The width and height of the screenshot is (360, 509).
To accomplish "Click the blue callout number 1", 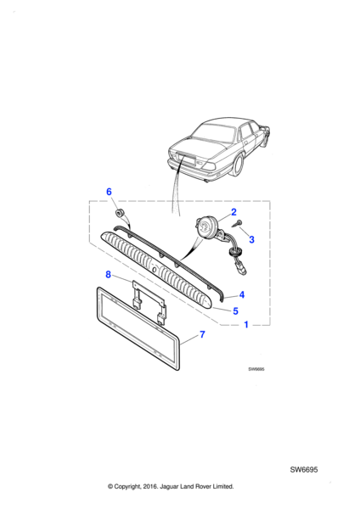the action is click(x=246, y=324).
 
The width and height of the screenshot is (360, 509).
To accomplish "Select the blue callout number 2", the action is click(x=233, y=212).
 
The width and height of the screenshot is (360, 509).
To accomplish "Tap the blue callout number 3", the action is click(x=251, y=239).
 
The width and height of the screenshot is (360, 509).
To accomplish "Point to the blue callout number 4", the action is click(x=241, y=294).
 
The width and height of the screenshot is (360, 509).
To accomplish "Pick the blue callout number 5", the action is click(x=235, y=311).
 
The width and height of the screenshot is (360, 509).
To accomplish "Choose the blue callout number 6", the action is click(x=109, y=192).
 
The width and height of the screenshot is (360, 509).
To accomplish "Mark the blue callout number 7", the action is click(x=202, y=334).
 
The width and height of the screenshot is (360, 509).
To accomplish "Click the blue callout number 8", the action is click(x=108, y=275).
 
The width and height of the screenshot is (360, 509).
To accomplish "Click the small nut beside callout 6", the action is click(x=120, y=213).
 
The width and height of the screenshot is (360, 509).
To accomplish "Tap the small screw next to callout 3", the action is click(x=239, y=224).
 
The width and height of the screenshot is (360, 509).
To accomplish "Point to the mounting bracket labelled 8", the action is click(x=149, y=301).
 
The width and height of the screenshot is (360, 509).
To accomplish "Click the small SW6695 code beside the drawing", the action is click(x=256, y=369).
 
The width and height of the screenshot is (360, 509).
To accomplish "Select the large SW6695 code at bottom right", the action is click(x=304, y=469).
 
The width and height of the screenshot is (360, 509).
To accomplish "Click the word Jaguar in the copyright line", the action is click(x=169, y=486).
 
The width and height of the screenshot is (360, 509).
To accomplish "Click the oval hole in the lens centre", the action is click(x=155, y=269).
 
